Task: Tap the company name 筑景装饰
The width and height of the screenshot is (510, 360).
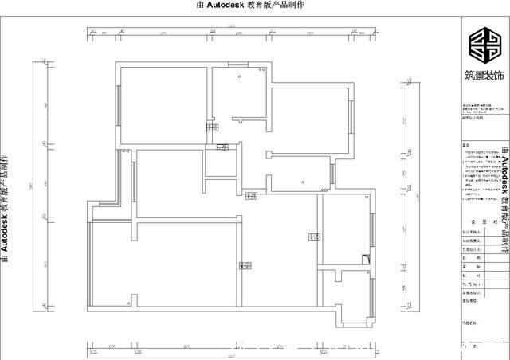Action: [x=485, y=76]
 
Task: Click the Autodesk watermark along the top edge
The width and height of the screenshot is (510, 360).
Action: [x=254, y=5]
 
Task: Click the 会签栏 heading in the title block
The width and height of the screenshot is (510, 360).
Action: [x=484, y=225]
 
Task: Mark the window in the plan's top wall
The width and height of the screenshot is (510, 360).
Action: [x=238, y=64]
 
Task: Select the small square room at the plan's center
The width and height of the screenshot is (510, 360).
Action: [x=218, y=162]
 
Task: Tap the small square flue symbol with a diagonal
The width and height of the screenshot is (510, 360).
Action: [x=365, y=258]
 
